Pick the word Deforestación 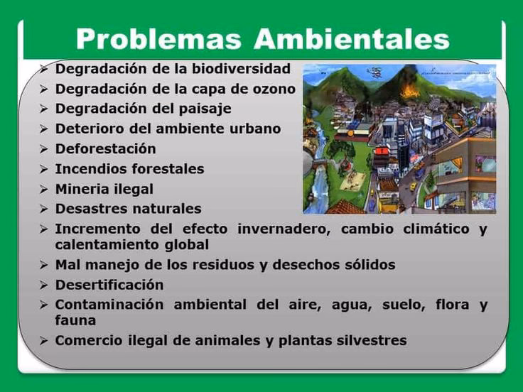(x=105, y=149)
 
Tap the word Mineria (x=83, y=189)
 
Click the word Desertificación (x=109, y=285)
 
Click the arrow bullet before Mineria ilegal (x=44, y=190)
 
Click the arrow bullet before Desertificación (x=44, y=285)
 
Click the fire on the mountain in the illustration (x=411, y=88)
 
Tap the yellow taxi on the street (x=413, y=187)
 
